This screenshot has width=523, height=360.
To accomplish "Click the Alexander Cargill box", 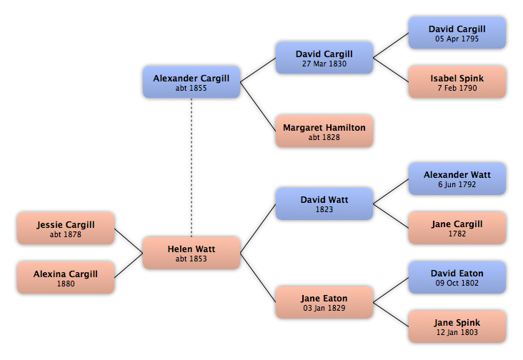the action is [x=191, y=82].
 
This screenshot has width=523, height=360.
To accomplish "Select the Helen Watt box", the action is [x=191, y=253].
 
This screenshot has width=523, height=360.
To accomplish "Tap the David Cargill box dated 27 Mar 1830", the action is [x=324, y=58].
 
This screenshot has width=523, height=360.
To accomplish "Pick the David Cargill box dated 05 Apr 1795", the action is [x=457, y=33].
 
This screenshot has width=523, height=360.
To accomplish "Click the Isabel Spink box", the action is [x=457, y=82].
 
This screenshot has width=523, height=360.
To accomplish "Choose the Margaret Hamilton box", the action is [x=324, y=131].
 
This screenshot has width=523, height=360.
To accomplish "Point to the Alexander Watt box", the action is [x=457, y=179].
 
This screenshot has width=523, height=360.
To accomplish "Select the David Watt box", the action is [x=324, y=204].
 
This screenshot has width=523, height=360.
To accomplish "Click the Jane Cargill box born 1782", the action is [x=457, y=228].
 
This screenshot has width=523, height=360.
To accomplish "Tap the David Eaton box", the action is [x=457, y=277].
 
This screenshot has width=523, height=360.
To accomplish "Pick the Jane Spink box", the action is [x=457, y=326].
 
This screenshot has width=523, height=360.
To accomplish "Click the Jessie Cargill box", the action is [x=66, y=229].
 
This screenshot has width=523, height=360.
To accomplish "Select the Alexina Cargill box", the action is [x=66, y=278].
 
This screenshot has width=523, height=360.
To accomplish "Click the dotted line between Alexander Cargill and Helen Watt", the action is [x=191, y=167].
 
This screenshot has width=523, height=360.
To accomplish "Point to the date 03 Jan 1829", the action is [x=324, y=308].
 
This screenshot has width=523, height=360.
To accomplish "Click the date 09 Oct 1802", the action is [x=457, y=283].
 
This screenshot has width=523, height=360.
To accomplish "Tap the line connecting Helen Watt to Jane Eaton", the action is [x=258, y=278].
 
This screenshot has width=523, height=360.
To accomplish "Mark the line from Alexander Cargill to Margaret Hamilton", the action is [x=258, y=106].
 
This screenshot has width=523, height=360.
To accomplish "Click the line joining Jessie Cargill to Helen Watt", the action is [x=129, y=241].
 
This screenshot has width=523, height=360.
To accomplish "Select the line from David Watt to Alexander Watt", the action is [x=391, y=191].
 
